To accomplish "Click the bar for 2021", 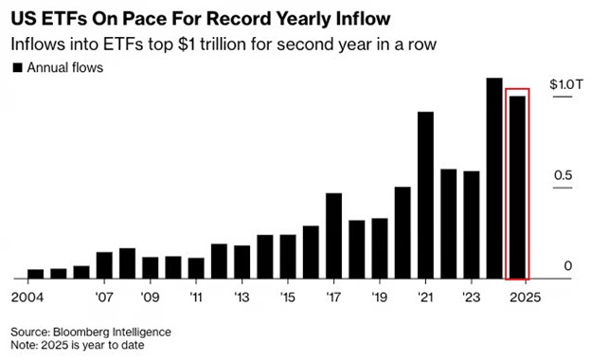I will (425, 196).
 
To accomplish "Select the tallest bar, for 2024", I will (493, 179).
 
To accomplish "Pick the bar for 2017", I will (333, 237).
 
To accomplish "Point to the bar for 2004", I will (35, 275).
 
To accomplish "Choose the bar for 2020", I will (403, 233).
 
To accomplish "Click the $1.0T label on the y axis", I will (561, 85).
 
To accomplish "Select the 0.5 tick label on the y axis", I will (563, 176).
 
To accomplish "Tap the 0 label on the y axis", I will (568, 266).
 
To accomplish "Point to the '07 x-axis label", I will (104, 296).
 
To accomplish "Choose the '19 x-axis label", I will (380, 296).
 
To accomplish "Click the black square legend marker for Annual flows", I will (17, 67).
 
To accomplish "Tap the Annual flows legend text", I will (63, 67).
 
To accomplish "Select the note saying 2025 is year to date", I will (77, 347).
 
